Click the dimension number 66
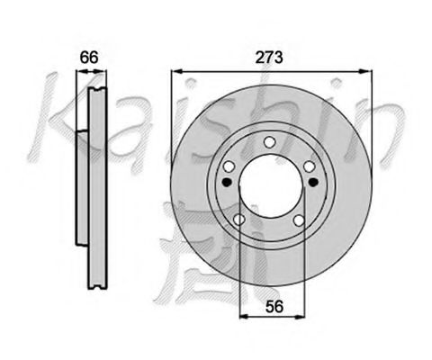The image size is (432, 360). [x=88, y=58]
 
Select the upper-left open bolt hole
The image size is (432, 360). [x=228, y=166]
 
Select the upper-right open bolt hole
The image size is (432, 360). [x=309, y=166]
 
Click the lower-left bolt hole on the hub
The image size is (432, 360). [x=239, y=221]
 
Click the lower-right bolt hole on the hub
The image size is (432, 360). [x=297, y=221]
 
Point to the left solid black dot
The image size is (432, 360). [x=226, y=182]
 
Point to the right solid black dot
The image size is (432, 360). [x=311, y=182]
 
